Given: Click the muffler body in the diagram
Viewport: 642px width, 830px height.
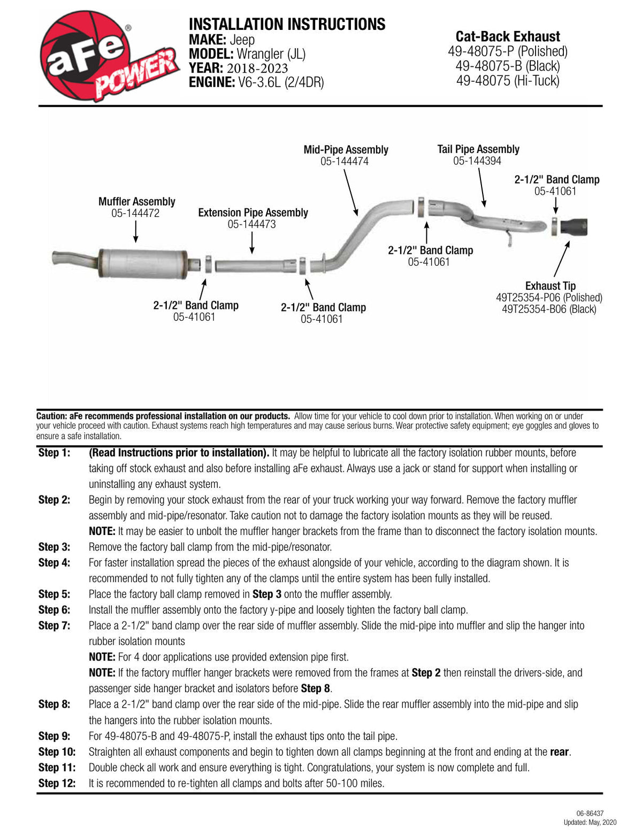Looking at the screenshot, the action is coord(143,263).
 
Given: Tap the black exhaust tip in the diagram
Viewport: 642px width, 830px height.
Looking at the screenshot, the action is coord(574,227).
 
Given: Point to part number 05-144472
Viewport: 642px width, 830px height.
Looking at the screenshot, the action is coord(135,213).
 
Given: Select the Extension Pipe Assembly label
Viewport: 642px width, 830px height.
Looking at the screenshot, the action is coord(253,212).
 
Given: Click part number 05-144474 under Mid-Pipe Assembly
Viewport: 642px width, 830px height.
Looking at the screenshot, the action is coord(344,161).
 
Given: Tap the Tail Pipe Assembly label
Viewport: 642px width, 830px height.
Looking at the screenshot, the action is coord(478,149).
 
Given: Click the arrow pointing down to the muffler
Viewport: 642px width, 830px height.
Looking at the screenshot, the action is coord(136,231).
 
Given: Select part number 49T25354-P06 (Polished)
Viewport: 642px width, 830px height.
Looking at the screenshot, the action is coord(549,297).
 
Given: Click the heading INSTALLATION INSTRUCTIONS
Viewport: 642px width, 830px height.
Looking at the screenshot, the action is coord(287,24).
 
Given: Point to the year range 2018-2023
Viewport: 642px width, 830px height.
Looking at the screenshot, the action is coord(257,68).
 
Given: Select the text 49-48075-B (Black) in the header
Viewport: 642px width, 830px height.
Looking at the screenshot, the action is coord(508,66).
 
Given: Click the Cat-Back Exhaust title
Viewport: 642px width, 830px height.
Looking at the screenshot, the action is coord(508,37).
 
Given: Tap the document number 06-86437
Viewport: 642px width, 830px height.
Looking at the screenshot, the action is coord(590,813).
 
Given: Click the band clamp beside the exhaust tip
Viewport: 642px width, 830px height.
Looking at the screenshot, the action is coord(554,227).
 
